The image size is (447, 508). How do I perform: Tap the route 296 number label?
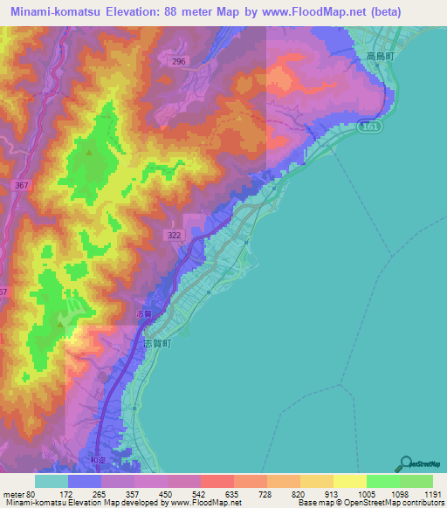pos(179,61)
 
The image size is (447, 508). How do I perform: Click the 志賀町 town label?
pos(158,344)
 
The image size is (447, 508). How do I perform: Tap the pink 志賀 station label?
pos(144,313)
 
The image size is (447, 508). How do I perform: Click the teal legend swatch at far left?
pos(52,481)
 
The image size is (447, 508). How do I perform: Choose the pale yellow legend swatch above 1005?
pos(350,481)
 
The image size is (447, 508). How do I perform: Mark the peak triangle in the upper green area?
pos(90,152)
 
